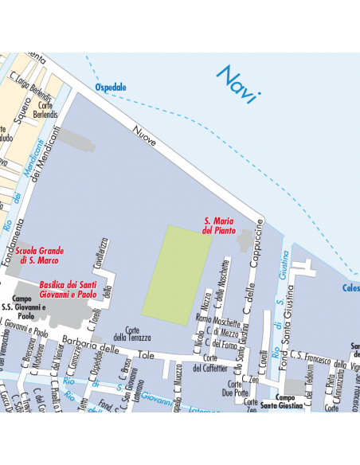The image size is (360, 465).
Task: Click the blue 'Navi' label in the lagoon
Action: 238,84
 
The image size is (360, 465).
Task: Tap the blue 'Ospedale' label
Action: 111,87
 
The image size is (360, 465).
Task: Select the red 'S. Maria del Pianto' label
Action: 220,225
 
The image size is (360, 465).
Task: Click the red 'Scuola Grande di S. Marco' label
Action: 40,255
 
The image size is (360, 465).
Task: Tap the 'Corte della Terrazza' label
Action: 132,334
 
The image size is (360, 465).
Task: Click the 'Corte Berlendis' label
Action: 47,110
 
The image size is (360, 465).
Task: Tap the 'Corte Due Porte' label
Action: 235,388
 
